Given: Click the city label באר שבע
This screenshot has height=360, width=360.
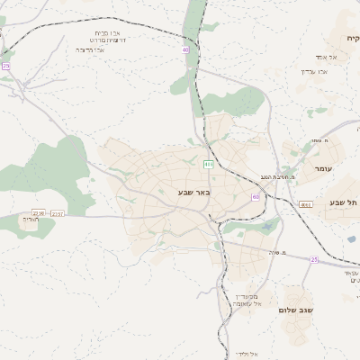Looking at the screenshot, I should [x=193, y=192].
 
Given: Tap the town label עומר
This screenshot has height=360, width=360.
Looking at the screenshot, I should [x=323, y=169].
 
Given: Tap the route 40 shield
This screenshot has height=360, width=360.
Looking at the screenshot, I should [x=185, y=50].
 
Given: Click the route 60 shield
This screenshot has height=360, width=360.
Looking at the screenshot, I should [x=256, y=196].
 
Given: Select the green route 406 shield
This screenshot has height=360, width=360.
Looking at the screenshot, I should [x=208, y=164].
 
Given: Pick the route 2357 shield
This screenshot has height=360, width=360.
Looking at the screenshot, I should [x=58, y=213].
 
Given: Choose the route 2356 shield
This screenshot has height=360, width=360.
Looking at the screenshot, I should [x=38, y=213].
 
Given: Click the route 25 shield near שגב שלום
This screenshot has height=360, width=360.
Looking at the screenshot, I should [x=314, y=259].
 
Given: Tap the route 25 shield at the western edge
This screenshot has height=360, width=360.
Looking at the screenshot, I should [x=5, y=67].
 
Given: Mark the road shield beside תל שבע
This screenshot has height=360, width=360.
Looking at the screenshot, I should [x=306, y=204].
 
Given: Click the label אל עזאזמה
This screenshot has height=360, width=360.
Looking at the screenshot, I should [x=246, y=303].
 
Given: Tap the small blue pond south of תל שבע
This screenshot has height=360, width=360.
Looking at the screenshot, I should [x=350, y=215].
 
